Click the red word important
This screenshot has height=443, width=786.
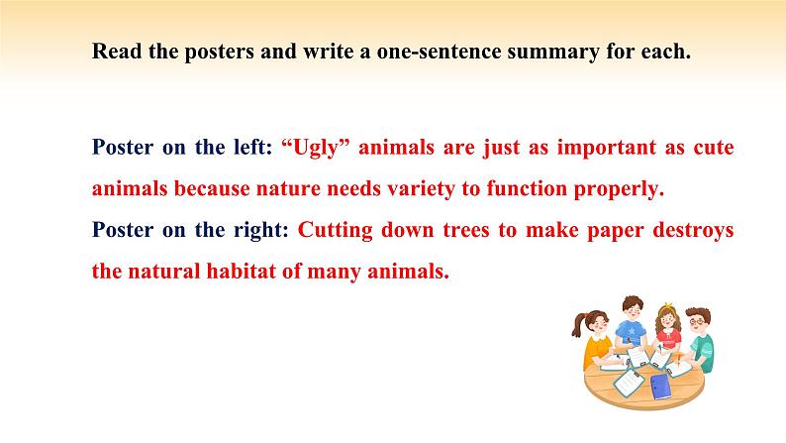click(606, 148)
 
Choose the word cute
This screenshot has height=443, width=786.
click(714, 148)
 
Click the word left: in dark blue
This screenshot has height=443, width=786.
click(253, 147)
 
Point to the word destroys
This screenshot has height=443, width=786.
click(693, 231)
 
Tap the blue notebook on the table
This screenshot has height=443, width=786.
click(659, 387)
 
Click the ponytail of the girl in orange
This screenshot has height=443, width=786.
click(578, 325)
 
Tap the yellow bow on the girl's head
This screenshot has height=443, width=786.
click(667, 305)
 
